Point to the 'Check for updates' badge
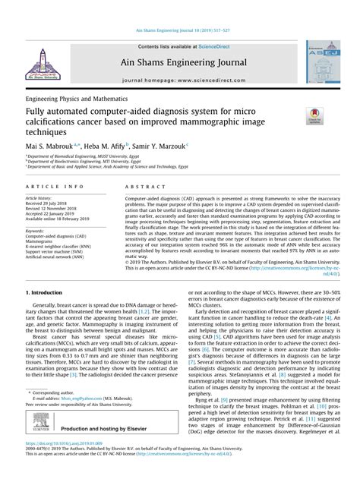[x=312, y=113]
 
